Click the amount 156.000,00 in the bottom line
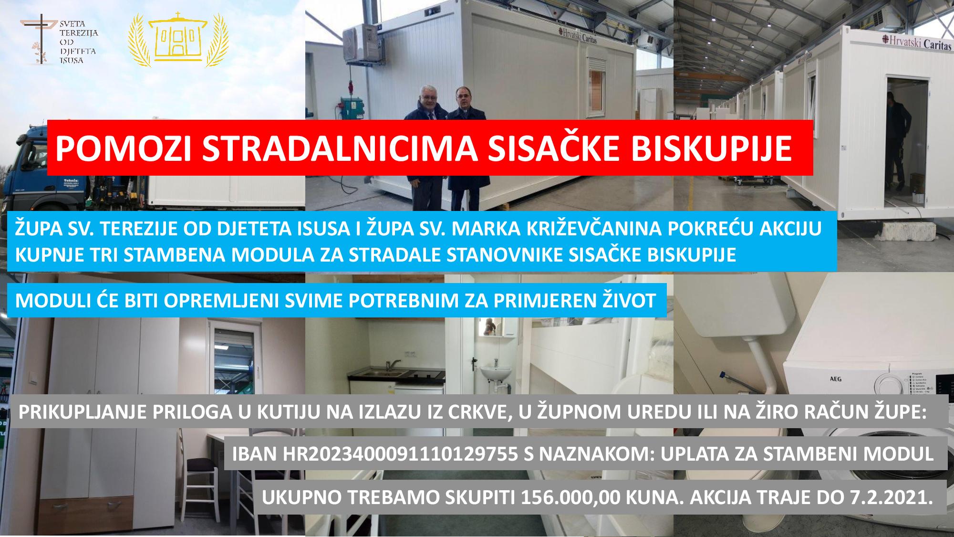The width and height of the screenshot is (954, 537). [570, 497]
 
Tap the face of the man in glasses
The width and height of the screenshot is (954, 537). [425, 95]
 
